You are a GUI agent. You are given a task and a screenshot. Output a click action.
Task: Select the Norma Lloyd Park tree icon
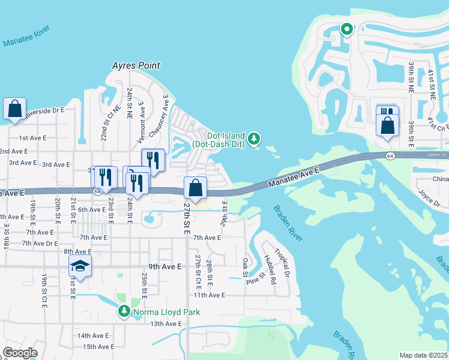124,311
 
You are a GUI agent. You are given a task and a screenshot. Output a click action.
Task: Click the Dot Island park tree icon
255,139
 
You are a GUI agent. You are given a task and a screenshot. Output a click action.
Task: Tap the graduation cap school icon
80,265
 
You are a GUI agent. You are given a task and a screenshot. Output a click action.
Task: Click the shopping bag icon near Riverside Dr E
14,110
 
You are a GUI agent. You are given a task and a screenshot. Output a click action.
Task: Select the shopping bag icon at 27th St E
196,188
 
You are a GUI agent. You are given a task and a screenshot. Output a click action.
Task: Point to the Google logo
20,353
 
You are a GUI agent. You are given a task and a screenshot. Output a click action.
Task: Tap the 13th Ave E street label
166,324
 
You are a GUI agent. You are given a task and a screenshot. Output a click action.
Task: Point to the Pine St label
256,279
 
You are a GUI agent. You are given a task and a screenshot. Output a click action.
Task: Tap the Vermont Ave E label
142,122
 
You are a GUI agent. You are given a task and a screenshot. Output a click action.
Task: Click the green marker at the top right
346,28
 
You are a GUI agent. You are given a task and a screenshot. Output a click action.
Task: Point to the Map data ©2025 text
424,355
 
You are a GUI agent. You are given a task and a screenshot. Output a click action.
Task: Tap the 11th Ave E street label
208,295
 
